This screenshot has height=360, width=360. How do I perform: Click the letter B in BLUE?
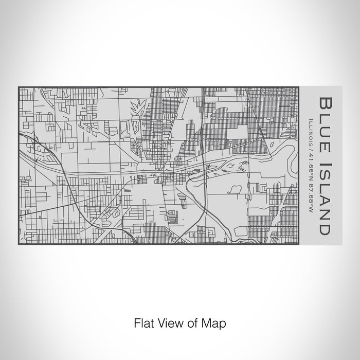coord(325,101)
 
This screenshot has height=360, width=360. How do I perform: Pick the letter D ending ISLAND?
coord(325,228)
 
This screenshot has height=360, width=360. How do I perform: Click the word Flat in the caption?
coord(143,323)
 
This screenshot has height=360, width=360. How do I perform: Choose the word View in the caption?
coord(169,323)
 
